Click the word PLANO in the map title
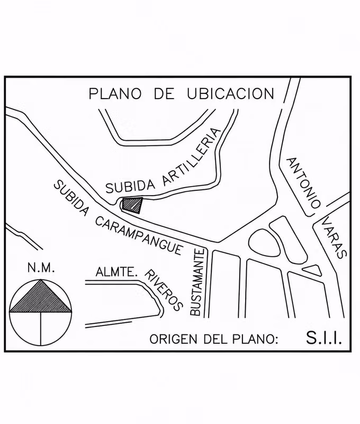[x=115, y=94]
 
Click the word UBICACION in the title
[x=231, y=94]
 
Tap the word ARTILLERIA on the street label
[x=192, y=157]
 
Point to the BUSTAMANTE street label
[x=197, y=282]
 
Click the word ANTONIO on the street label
[x=303, y=182]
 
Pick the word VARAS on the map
[x=335, y=237]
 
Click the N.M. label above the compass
[x=41, y=268]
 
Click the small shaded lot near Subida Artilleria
[x=132, y=205]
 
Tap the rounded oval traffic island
[x=264, y=243]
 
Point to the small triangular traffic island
[x=312, y=270]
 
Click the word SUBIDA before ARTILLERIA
[x=131, y=187]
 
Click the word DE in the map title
[x=164, y=94]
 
